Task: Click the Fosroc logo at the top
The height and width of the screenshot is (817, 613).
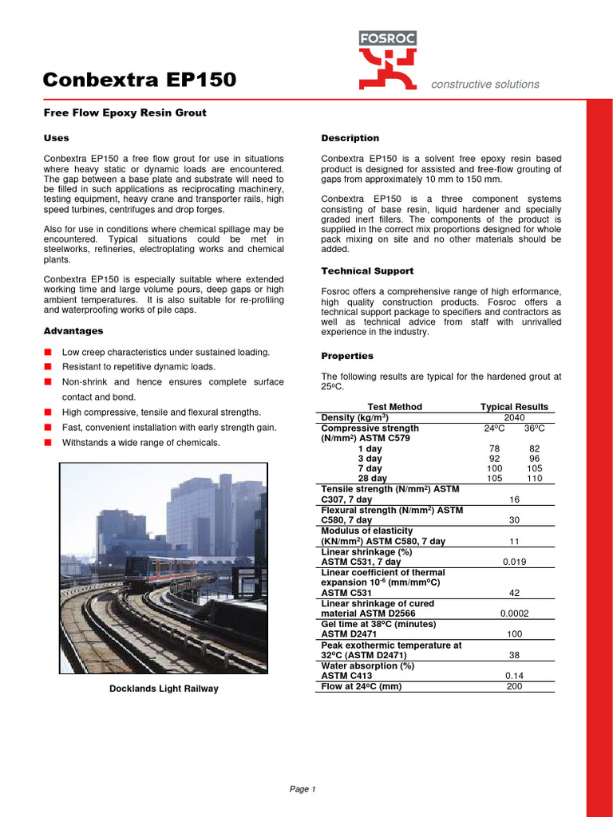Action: pyautogui.click(x=387, y=60)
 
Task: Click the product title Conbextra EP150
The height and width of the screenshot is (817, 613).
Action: pyautogui.click(x=139, y=80)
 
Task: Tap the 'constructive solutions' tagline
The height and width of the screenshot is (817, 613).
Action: pyautogui.click(x=484, y=84)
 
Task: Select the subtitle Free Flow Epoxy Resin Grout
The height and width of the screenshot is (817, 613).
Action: pyautogui.click(x=125, y=112)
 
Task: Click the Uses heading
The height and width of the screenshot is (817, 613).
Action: pyautogui.click(x=56, y=138)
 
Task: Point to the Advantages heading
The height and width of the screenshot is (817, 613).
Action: pyautogui.click(x=73, y=330)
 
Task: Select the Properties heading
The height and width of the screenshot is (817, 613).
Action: pyautogui.click(x=347, y=356)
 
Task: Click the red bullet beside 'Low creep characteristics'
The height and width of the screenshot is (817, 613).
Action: pyautogui.click(x=48, y=352)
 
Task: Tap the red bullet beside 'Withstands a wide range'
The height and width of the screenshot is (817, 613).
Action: pyautogui.click(x=48, y=442)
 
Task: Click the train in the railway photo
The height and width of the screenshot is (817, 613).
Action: pyautogui.click(x=160, y=570)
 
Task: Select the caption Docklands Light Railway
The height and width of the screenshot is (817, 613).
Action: pyautogui.click(x=164, y=689)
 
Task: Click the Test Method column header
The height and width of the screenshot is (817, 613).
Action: pyautogui.click(x=394, y=407)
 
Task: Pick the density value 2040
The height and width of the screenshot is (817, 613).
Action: pyautogui.click(x=514, y=417)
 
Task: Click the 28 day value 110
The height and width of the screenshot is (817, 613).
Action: pyautogui.click(x=534, y=478)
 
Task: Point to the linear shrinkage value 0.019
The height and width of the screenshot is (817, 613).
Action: pyautogui.click(x=514, y=562)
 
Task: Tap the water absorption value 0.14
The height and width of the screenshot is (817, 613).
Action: pyautogui.click(x=514, y=675)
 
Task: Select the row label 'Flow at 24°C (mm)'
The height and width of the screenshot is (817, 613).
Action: pyautogui.click(x=361, y=686)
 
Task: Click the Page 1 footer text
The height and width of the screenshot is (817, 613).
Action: pyautogui.click(x=303, y=789)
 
